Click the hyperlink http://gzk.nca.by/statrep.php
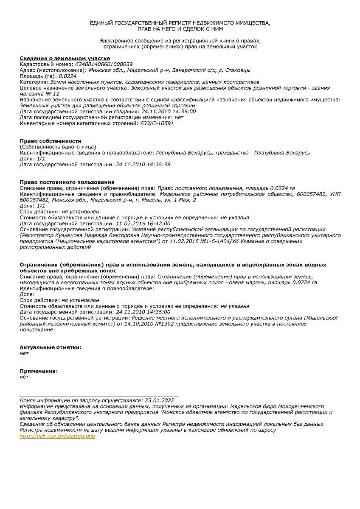pos(57,436)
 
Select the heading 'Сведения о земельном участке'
pos(65,58)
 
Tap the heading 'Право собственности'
pos(51,141)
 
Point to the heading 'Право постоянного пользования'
pos(67,182)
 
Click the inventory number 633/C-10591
pos(157,123)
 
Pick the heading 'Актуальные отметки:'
pos(51,347)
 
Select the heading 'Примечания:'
pos(39,371)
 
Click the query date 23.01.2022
pos(160,400)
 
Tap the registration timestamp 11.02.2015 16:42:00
pos(143,224)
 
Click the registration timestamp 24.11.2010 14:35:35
pos(143,165)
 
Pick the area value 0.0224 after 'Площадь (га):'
pos(68,76)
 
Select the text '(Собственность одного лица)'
pos(58,147)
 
